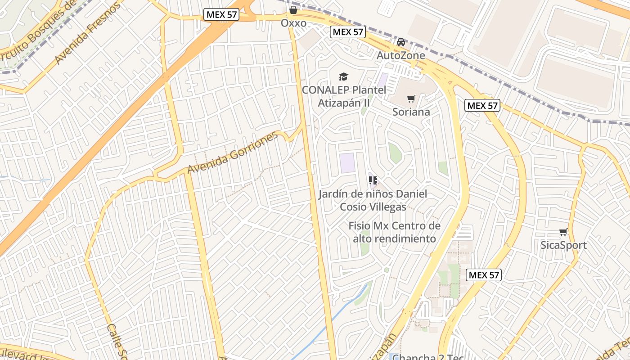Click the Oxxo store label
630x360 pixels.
pyautogui.click(x=293, y=23)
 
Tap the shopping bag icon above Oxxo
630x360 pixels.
pyautogui.click(x=293, y=9)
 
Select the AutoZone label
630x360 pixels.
pyautogui.click(x=400, y=55)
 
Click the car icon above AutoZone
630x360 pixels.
pyautogui.click(x=400, y=42)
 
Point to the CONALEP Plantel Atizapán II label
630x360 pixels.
pyautogui.click(x=344, y=96)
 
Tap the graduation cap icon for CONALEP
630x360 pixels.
pyautogui.click(x=344, y=76)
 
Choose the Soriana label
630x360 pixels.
pyautogui.click(x=411, y=112)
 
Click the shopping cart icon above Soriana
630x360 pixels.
pyautogui.click(x=411, y=99)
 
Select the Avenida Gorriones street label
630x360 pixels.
pyautogui.click(x=233, y=153)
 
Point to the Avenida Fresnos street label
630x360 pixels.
pyautogui.click(x=88, y=32)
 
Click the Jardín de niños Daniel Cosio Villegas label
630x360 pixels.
pyautogui.click(x=373, y=200)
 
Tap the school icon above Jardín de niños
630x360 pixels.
pyautogui.click(x=373, y=180)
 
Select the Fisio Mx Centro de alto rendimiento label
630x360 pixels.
pyautogui.click(x=394, y=232)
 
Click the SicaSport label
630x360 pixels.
pyautogui.click(x=563, y=245)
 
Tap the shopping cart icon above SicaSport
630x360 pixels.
pyautogui.click(x=563, y=232)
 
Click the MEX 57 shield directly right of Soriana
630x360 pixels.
pyautogui.click(x=482, y=106)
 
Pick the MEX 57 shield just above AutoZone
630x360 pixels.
pyautogui.click(x=347, y=32)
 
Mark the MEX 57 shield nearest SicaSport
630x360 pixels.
pyautogui.click(x=483, y=275)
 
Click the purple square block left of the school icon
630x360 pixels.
pyautogui.click(x=347, y=163)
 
